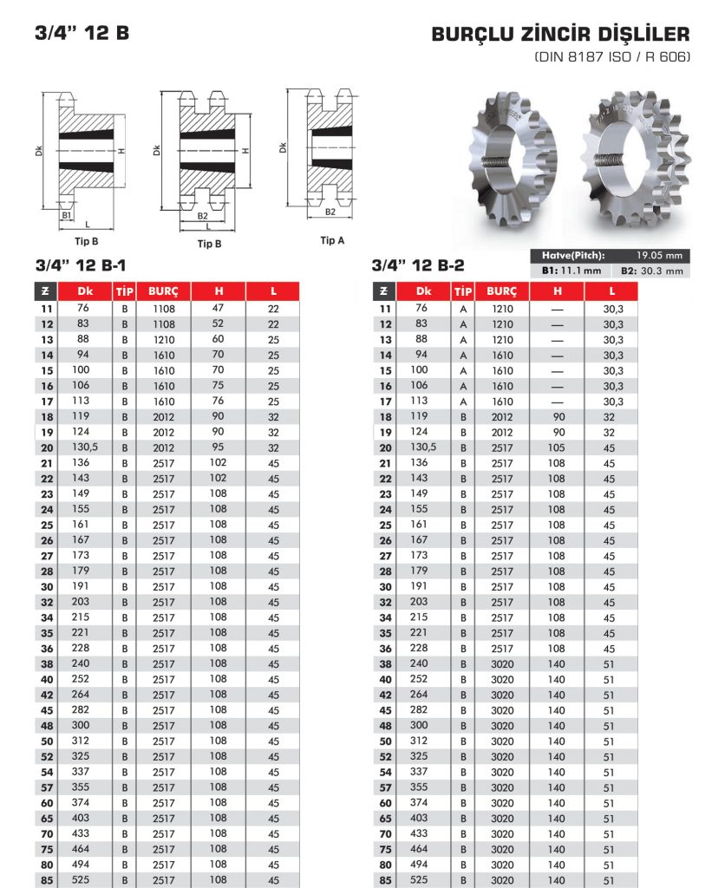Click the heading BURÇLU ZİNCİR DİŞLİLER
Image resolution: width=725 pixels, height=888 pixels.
[560, 35]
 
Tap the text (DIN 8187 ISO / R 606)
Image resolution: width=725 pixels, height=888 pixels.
[612, 57]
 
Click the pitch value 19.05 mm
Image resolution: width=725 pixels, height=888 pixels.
[659, 256]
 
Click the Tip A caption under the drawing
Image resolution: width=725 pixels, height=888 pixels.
[332, 240]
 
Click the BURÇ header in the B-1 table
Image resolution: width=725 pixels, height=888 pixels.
[164, 291]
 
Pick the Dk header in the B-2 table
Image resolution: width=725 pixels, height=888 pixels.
[422, 291]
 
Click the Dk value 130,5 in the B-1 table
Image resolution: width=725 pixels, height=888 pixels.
[83, 447]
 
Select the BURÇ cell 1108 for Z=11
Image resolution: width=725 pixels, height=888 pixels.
[164, 309]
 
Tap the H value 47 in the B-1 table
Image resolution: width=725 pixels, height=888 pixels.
[219, 308]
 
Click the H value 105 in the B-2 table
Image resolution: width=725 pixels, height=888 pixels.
[556, 447]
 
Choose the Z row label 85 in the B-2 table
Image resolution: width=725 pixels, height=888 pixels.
[385, 880]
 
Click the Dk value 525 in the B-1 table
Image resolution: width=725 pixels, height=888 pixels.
[82, 880]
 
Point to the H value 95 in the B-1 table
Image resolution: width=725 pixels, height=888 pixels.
[219, 447]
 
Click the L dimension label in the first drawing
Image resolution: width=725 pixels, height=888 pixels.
[87, 224]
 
